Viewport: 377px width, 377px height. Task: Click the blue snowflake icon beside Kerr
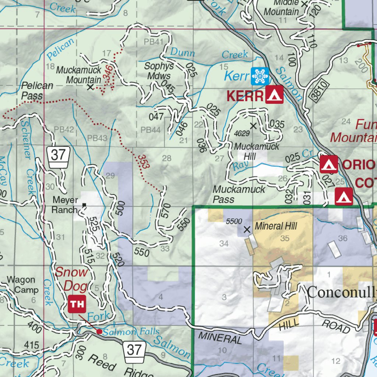260,76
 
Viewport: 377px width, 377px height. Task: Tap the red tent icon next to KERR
274,95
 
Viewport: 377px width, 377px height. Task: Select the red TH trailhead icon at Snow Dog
77,304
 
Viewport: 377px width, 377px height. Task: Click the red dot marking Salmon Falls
99,331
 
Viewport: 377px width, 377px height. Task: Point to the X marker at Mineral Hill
247,229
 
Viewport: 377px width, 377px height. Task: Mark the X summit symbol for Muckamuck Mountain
90,87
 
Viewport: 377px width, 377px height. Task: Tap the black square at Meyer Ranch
84,205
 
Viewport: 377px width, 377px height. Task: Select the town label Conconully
342,293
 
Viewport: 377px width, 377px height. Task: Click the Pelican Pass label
37,91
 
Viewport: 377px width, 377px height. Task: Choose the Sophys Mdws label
158,71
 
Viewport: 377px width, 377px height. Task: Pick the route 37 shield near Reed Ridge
134,349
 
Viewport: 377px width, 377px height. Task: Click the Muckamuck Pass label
239,194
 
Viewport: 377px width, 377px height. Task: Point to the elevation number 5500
234,221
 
